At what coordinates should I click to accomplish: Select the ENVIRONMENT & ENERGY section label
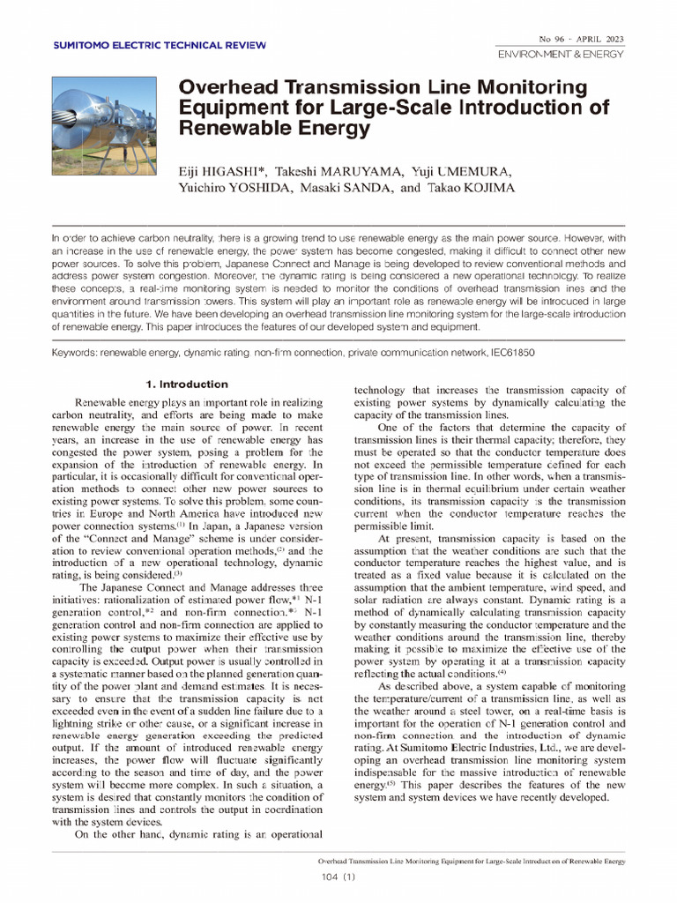point(561,54)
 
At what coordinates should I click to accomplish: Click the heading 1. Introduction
point(186,384)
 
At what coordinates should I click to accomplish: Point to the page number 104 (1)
point(338,876)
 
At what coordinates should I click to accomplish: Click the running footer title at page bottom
point(471,860)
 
